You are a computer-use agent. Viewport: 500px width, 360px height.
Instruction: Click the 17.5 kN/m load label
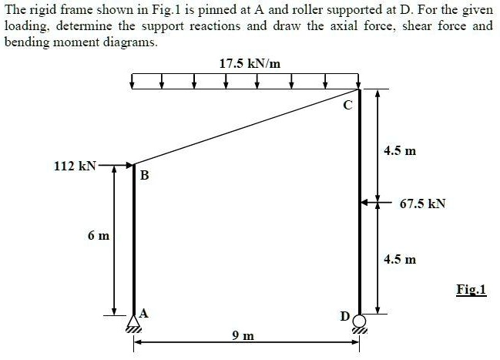point(250,64)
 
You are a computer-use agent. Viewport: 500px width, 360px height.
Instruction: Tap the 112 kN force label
point(75,166)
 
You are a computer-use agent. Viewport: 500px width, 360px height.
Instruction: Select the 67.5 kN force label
point(423,204)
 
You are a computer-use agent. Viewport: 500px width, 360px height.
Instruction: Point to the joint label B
point(144,175)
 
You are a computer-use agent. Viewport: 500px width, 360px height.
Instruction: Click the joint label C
point(347,105)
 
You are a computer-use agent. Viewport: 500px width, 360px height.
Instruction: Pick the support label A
point(144,314)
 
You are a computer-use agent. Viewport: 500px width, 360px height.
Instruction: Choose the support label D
point(345,316)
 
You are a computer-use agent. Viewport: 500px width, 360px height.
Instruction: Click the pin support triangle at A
point(133,321)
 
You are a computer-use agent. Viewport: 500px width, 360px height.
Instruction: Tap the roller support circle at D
point(359,321)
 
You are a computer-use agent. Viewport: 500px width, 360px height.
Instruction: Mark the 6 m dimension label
point(99,236)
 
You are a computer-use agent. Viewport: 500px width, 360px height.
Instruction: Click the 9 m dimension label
point(243,335)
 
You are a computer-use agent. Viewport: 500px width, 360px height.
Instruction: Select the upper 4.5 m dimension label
point(400,150)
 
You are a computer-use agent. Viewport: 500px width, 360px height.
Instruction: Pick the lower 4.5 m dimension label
point(400,259)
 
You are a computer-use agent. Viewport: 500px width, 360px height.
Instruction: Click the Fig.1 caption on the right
point(471,290)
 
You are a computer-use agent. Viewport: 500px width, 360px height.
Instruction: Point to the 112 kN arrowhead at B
point(129,165)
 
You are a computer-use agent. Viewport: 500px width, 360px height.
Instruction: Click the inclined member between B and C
point(247,127)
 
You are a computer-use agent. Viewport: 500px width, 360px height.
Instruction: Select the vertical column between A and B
point(134,240)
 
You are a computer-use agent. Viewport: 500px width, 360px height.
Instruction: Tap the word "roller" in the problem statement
point(309,9)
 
